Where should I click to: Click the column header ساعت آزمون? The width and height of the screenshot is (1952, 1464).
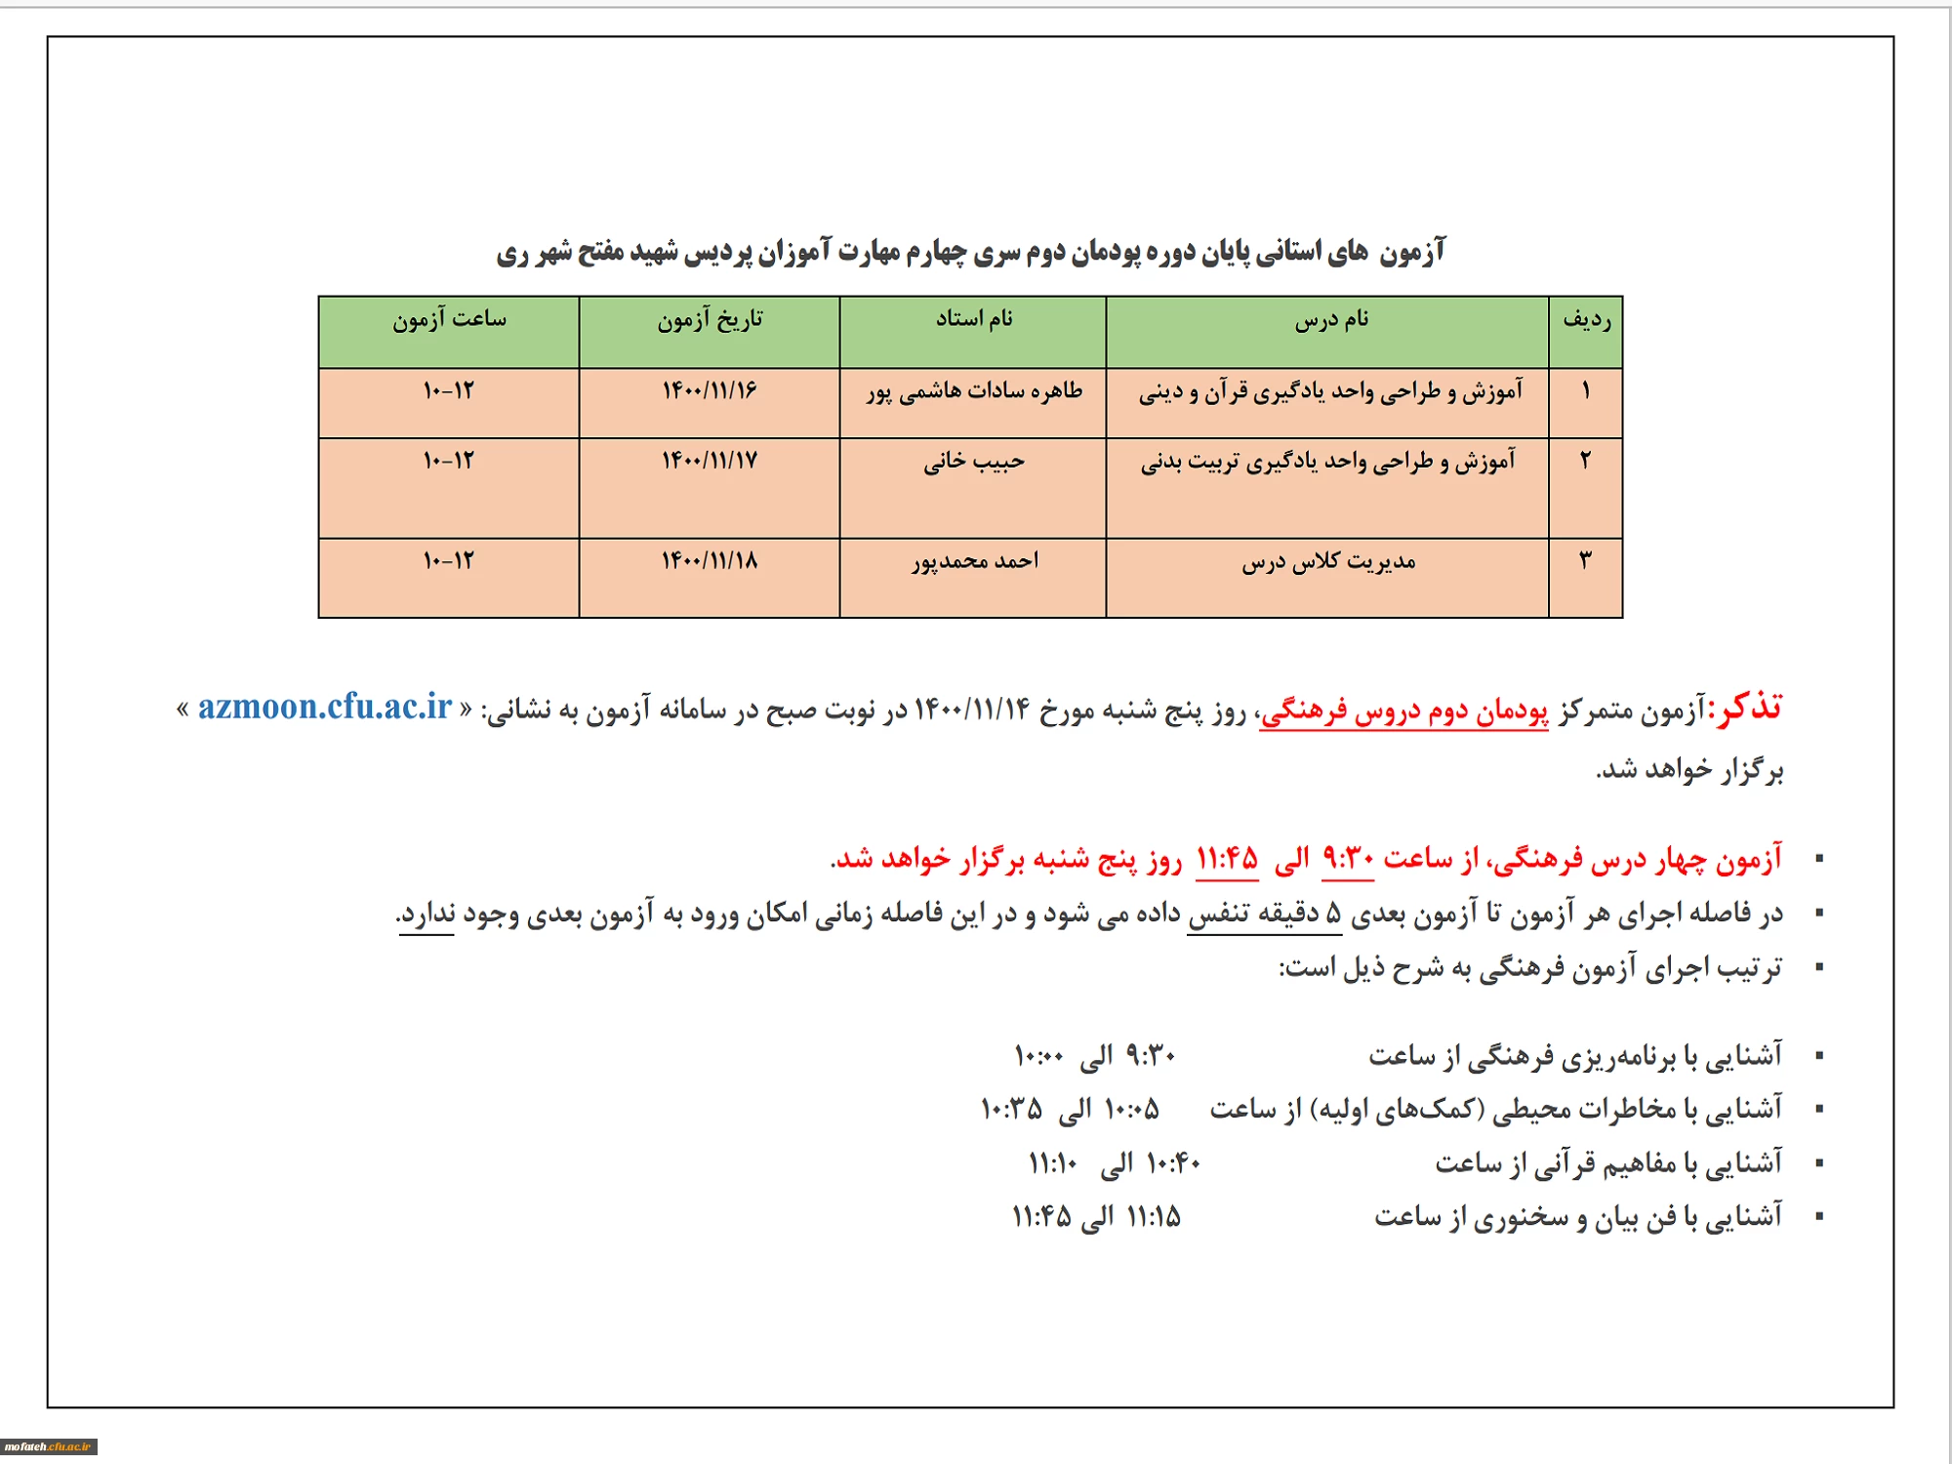pyautogui.click(x=449, y=320)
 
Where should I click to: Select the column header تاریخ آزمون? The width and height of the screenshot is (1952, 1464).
pyautogui.click(x=710, y=320)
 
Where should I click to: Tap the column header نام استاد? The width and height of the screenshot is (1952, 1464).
pyautogui.click(x=974, y=319)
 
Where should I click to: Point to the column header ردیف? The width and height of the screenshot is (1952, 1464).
pyautogui.click(x=1586, y=320)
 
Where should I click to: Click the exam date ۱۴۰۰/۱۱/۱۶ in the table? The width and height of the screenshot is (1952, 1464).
pyautogui.click(x=710, y=391)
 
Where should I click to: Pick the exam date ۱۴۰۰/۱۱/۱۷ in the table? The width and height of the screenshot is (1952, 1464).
pyautogui.click(x=710, y=461)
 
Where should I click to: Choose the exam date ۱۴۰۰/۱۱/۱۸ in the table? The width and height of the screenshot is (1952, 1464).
pyautogui.click(x=710, y=561)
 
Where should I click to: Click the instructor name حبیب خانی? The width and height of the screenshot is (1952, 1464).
pyautogui.click(x=974, y=462)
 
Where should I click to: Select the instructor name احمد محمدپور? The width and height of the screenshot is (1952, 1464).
pyautogui.click(x=975, y=562)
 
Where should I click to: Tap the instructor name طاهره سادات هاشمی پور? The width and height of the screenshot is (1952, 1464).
pyautogui.click(x=974, y=392)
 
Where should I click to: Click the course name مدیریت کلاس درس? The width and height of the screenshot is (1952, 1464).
pyautogui.click(x=1328, y=563)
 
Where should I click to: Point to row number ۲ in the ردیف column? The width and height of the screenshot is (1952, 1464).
pyautogui.click(x=1586, y=461)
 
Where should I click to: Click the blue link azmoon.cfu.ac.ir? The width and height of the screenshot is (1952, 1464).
pyautogui.click(x=325, y=707)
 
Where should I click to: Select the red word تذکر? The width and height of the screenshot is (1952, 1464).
pyautogui.click(x=1749, y=707)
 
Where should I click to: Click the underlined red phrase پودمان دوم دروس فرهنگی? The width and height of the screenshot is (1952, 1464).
pyautogui.click(x=1403, y=712)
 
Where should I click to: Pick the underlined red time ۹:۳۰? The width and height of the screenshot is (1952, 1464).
pyautogui.click(x=1348, y=859)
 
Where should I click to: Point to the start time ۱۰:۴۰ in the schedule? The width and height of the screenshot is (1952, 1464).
pyautogui.click(x=1173, y=1163)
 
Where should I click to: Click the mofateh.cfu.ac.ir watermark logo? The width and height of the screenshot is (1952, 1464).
pyautogui.click(x=48, y=1446)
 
